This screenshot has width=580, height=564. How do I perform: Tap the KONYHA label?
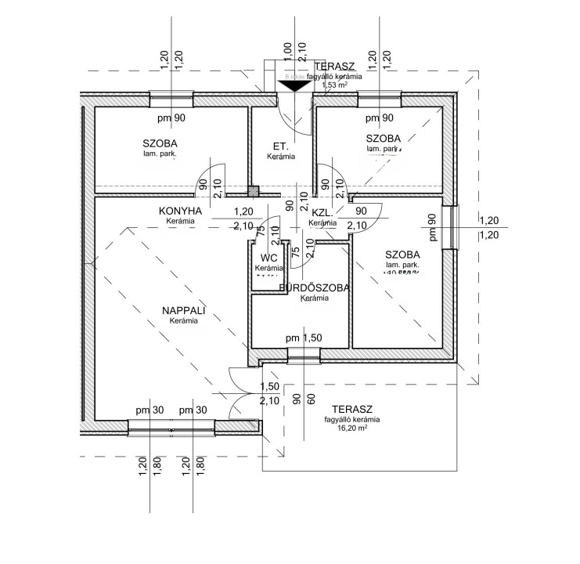pos(181,211)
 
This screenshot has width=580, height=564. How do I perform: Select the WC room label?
pos(269,258)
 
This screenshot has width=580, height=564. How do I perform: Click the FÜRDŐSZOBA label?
pos(314,288)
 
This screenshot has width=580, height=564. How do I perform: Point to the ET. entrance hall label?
pos(280,146)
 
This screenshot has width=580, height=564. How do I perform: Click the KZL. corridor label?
pos(323,212)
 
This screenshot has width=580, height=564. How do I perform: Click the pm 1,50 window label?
pos(304,338)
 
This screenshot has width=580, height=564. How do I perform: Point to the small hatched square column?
pos(252,190)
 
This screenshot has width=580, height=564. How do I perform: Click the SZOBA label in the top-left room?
pos(160,143)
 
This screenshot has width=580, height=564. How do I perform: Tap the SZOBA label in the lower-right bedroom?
pos(402,255)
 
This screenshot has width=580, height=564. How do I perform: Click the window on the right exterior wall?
pos(452,227)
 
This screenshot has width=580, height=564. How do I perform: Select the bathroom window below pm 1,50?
pos(304,355)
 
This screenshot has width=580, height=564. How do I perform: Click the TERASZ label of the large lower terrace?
pos(351,409)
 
